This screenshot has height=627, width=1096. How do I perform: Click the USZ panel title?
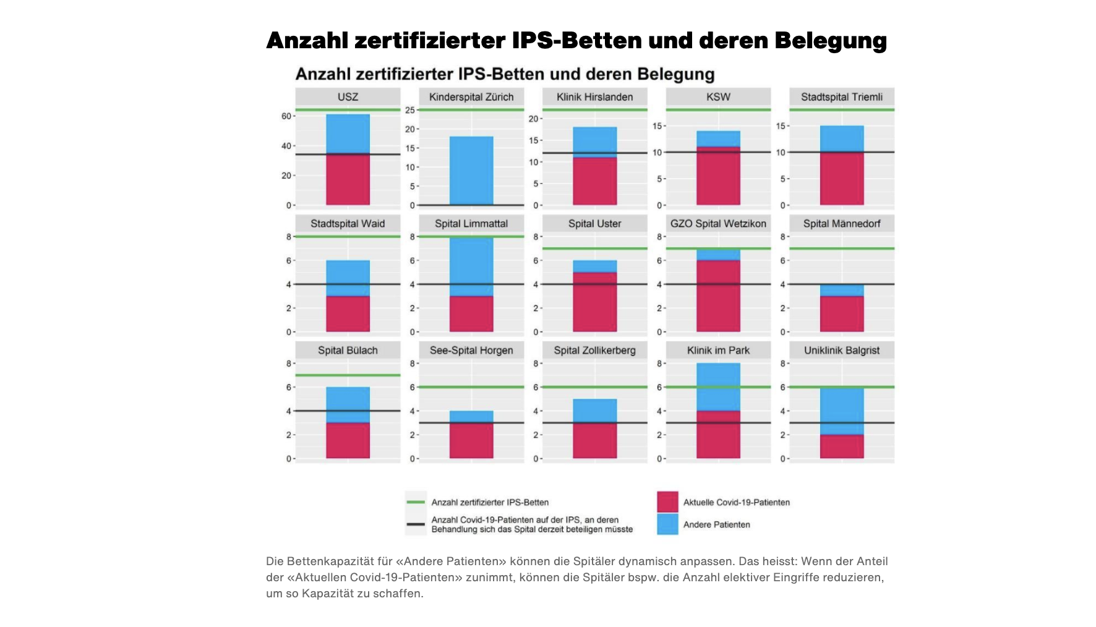pos(348,97)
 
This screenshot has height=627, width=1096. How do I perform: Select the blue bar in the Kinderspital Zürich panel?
pos(471,171)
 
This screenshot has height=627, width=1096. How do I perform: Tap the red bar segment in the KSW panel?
pos(718,176)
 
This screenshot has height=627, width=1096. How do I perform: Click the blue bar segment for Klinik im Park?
pos(718,386)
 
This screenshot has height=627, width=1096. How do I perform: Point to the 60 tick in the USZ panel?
pos(286,116)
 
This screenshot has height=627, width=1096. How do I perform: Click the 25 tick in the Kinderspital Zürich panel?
pos(410,110)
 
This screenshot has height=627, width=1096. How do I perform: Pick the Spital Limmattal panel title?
pos(471,224)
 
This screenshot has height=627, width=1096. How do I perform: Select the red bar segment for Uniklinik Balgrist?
pos(842,446)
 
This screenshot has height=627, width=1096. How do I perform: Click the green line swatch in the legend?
pos(416,502)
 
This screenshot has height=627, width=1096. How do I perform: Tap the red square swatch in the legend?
pos(667,502)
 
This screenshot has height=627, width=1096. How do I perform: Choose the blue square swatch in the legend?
pos(667,524)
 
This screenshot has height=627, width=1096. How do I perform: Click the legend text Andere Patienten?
pos(716,524)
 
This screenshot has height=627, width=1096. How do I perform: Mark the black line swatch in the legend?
pos(416,524)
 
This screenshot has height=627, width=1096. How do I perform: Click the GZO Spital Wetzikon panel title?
pos(718,224)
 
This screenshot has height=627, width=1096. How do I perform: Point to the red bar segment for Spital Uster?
pos(594,302)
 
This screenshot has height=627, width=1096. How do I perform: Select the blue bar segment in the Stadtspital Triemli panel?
pos(842,139)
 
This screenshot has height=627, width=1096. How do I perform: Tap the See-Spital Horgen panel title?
pos(471,351)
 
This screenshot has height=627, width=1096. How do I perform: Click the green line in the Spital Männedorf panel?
pos(842,249)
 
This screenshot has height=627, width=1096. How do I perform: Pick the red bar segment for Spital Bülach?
pos(348,440)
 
